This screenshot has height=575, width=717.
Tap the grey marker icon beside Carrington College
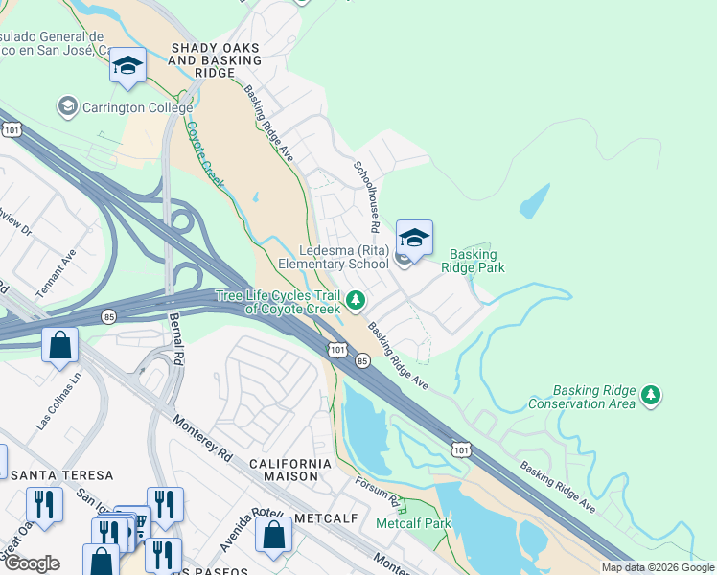pyautogui.click(x=67, y=104)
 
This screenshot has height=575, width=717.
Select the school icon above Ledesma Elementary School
pyautogui.click(x=413, y=238)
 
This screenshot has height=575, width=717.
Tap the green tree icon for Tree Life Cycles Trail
pyautogui.click(x=356, y=302)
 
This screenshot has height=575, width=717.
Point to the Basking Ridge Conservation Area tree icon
pyautogui.click(x=651, y=395)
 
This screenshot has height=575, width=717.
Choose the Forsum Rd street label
pyautogui.click(x=377, y=493)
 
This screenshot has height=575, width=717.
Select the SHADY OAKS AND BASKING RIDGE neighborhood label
pyautogui.click(x=215, y=60)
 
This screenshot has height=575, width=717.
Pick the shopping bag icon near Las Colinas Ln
pyautogui.click(x=59, y=346)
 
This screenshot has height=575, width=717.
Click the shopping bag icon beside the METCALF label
pyautogui.click(x=273, y=536)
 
